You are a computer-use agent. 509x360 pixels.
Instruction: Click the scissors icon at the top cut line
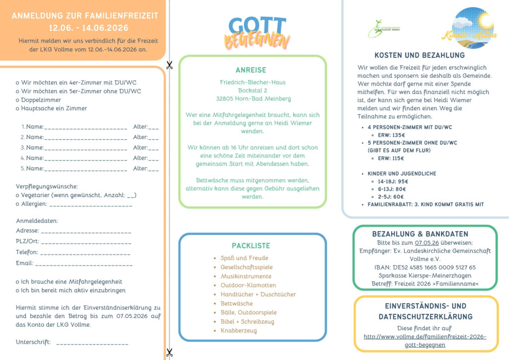170,65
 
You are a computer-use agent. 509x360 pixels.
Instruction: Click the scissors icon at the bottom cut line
170,353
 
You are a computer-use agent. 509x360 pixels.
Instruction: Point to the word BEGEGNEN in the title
257,42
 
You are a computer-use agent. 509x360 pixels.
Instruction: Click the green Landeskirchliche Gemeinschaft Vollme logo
384,28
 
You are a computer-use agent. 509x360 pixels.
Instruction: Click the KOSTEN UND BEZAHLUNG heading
420,55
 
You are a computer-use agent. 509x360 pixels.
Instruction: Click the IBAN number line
425,267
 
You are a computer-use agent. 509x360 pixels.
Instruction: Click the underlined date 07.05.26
427,243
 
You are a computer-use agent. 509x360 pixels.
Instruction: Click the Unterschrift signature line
92,343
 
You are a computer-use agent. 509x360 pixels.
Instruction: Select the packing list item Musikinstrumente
246,276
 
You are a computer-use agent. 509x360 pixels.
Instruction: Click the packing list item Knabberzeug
239,331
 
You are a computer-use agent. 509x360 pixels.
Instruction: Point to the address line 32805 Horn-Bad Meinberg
254,98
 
